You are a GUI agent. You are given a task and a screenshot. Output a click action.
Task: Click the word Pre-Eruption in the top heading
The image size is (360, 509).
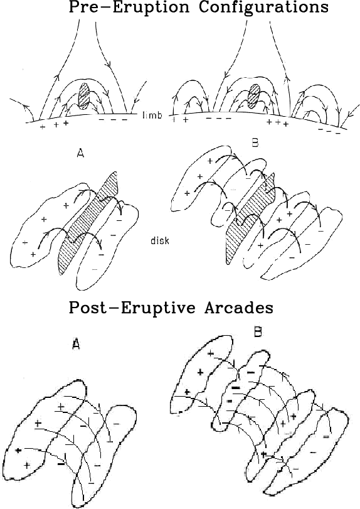(129, 7)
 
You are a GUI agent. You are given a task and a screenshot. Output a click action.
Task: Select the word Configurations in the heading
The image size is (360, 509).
(263, 7)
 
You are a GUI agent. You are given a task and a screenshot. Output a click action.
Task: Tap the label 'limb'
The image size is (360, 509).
(152, 115)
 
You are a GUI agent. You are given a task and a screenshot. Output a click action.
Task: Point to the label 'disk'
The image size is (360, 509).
(160, 240)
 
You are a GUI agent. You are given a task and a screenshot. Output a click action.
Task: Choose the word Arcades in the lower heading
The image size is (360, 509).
(239, 308)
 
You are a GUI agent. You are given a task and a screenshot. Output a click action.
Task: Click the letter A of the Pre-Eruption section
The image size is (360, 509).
(80, 153)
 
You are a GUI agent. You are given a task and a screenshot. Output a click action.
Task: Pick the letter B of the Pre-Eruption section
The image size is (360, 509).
(255, 143)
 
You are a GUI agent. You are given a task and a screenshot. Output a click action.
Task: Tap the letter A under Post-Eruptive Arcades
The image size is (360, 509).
(75, 343)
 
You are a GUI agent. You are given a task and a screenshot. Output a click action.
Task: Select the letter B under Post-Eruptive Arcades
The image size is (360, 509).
(258, 331)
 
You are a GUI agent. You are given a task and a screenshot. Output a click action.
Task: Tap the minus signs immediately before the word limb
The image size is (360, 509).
(113, 120)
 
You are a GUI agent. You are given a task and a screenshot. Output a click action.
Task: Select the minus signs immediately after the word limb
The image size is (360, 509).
(219, 119)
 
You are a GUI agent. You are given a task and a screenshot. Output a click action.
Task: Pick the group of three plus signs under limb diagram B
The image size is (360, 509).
(277, 123)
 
